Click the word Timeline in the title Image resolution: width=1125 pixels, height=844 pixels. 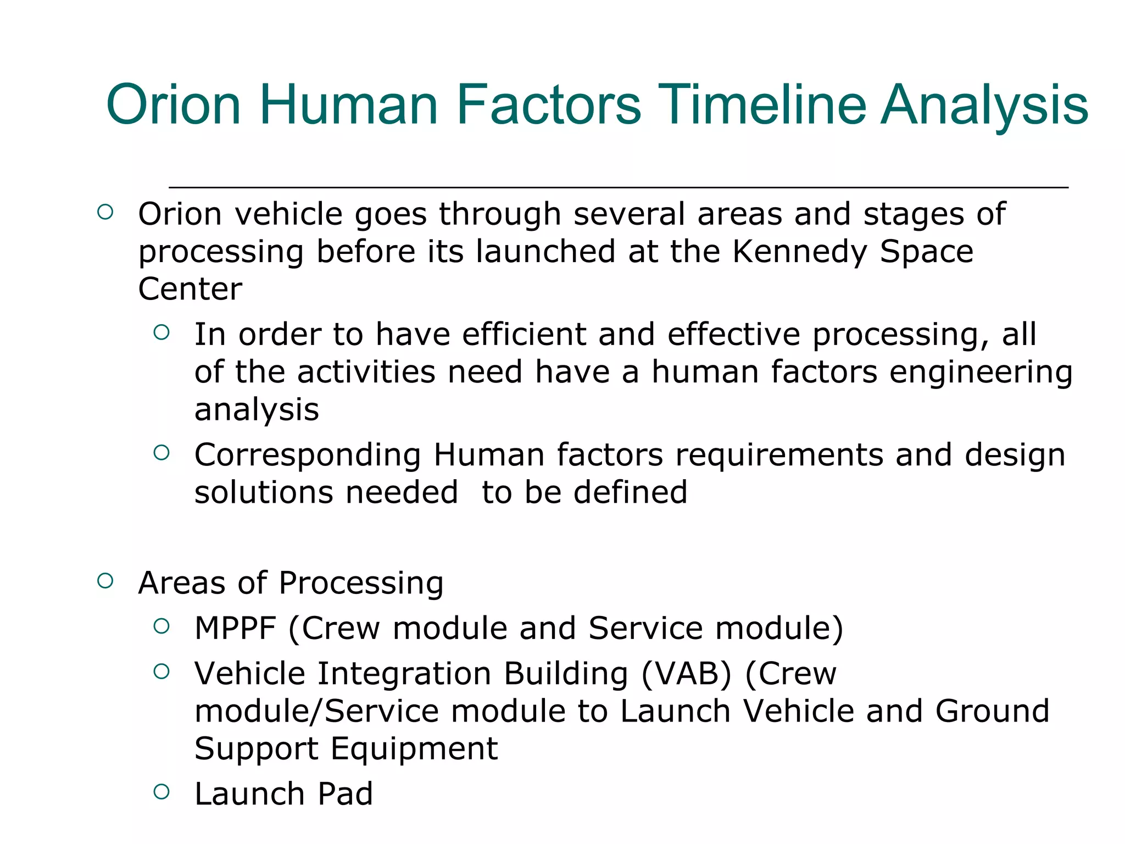click(763, 104)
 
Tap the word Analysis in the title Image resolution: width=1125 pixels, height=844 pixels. click(984, 104)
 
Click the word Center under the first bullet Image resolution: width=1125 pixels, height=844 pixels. click(190, 289)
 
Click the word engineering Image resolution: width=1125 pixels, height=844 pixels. click(981, 373)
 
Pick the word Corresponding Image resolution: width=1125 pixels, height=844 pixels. click(308, 456)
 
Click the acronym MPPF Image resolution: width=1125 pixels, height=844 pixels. click(235, 629)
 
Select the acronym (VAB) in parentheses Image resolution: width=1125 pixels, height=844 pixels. click(687, 674)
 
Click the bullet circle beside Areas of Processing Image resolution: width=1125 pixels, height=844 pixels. click(105, 581)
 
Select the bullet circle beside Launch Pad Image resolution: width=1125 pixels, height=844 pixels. click(161, 792)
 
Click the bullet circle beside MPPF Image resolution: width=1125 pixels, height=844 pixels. click(161, 626)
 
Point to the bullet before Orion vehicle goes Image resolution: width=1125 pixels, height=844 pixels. click(105, 212)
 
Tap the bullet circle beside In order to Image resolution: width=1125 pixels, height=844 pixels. click(161, 332)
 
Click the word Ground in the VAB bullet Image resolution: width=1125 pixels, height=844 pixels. click(992, 712)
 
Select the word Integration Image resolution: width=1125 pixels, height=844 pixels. click(404, 674)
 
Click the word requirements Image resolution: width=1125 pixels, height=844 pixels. click(779, 456)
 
